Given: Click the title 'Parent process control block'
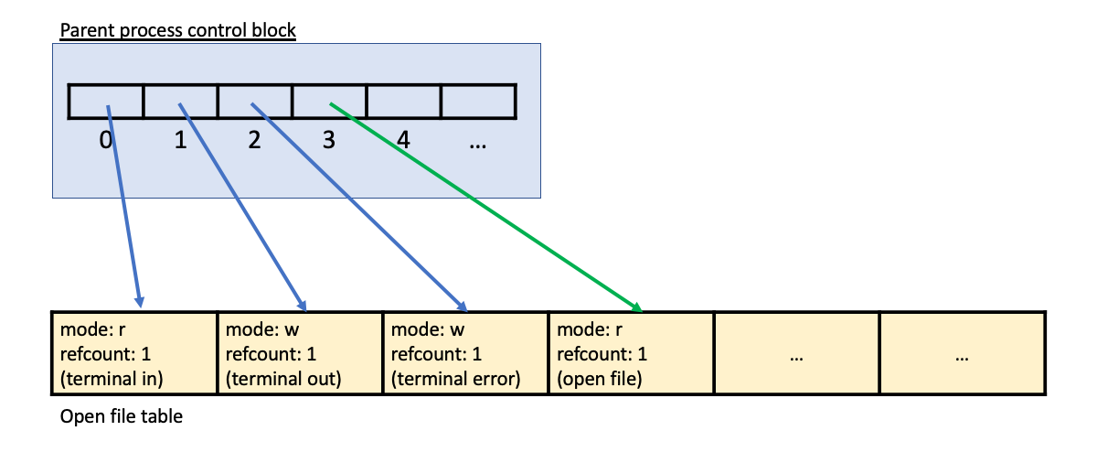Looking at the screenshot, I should coord(177,30).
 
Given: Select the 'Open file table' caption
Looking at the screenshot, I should coord(121,417).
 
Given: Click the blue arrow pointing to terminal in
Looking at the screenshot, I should coord(123,206).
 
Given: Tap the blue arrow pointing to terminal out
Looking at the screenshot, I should coord(241,206).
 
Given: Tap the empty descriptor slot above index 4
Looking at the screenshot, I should coord(403,101).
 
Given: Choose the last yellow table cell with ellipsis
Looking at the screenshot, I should coord(962,355).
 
